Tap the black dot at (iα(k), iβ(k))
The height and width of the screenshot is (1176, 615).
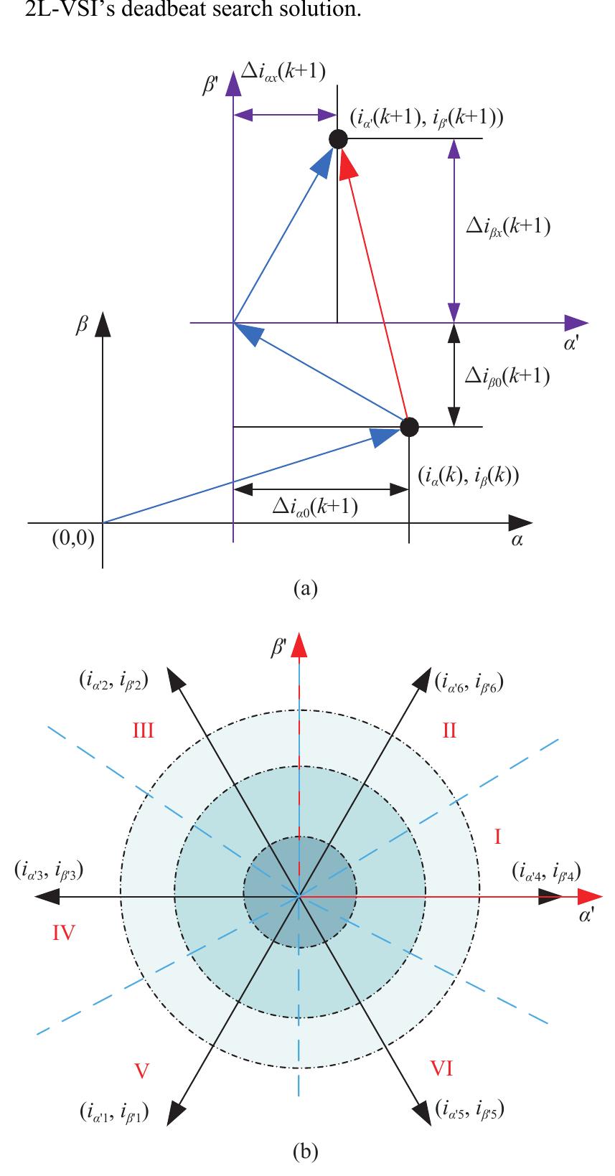[x=409, y=427]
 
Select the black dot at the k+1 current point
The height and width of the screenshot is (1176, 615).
[x=338, y=139]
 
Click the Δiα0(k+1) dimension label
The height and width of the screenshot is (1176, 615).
[x=315, y=507]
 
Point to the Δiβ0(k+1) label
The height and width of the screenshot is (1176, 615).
[x=507, y=377]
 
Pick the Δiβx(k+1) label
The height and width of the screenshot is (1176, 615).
[x=508, y=227]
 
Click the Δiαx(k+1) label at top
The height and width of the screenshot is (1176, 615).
[x=283, y=71]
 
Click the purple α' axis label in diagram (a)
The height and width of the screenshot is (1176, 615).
[x=571, y=345]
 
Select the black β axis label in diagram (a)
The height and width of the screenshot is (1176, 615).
[x=81, y=326]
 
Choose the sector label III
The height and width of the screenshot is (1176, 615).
[x=143, y=731]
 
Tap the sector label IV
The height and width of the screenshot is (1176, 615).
[x=64, y=933]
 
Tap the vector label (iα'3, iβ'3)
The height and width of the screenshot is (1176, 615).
[x=48, y=870]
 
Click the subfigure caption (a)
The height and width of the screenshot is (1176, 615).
[x=306, y=588]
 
